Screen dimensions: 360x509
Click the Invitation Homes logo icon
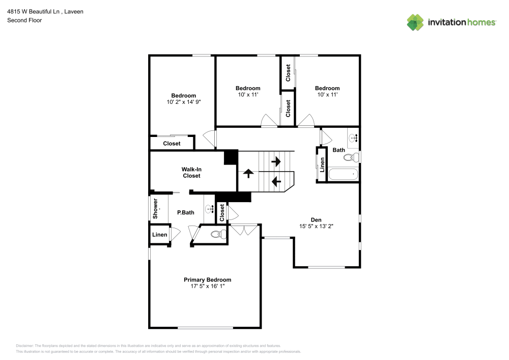click(x=415, y=22)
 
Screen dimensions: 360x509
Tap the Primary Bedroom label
click(x=207, y=280)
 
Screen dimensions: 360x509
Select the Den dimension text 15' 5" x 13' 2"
click(x=316, y=227)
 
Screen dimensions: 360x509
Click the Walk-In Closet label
click(x=191, y=172)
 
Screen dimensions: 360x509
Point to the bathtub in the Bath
click(x=344, y=175)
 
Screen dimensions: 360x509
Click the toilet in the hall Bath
click(x=351, y=158)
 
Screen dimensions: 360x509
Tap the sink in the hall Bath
click(x=354, y=137)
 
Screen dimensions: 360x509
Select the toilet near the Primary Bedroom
click(x=218, y=235)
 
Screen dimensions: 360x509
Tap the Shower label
click(x=156, y=209)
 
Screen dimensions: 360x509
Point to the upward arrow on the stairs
click(x=248, y=173)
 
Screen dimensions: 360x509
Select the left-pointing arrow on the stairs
click(x=276, y=181)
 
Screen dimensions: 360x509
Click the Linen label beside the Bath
click(x=322, y=165)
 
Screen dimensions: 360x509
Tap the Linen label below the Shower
click(x=160, y=235)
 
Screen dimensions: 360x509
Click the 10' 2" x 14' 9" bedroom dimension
click(x=183, y=102)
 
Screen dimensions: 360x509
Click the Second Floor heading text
click(x=24, y=20)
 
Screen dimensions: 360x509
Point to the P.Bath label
click(x=185, y=212)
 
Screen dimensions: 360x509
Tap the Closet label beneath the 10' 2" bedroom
click(x=172, y=144)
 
